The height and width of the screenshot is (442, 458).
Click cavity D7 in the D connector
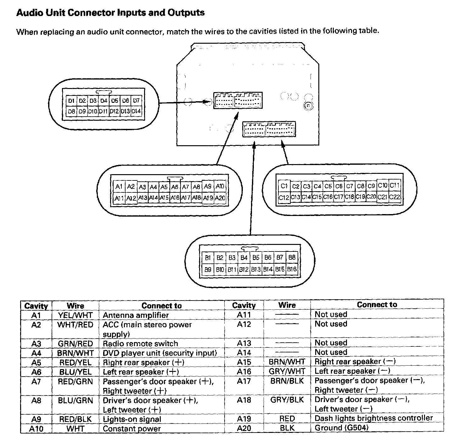[x=136, y=101]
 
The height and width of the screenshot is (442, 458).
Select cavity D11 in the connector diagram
[x=103, y=111]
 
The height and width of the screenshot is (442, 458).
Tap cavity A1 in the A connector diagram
[x=119, y=187]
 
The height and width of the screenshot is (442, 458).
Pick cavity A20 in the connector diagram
[x=220, y=198]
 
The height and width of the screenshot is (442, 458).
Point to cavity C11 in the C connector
[x=394, y=185]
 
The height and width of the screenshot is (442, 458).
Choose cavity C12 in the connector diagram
[x=284, y=197]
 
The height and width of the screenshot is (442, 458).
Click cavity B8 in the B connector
[x=292, y=257]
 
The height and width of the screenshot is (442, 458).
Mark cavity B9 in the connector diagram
[x=208, y=269]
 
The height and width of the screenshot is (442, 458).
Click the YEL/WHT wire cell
[x=75, y=315]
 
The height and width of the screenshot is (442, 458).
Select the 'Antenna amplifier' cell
[x=136, y=315]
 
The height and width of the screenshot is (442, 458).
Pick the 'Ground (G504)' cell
[x=341, y=428]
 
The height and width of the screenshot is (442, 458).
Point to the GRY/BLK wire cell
[x=287, y=400]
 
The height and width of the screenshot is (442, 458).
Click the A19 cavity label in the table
[x=244, y=418]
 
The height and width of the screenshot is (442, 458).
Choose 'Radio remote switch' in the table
[x=140, y=344]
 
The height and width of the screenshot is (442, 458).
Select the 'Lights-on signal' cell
[x=132, y=419]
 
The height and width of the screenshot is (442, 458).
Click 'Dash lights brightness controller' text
[x=374, y=418]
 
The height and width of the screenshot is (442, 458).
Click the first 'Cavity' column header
[x=36, y=306]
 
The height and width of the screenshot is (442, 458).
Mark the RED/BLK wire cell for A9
[x=75, y=419]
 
